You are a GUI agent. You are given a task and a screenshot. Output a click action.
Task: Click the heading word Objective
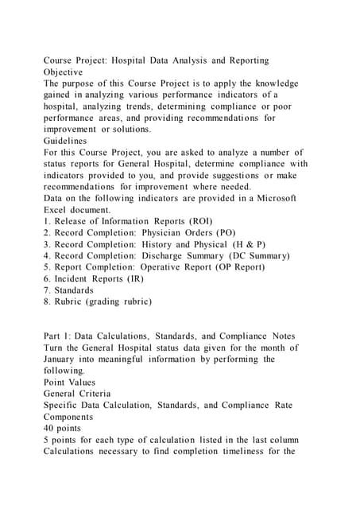click(x=68, y=72)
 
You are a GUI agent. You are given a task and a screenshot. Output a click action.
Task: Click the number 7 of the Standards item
click(x=46, y=290)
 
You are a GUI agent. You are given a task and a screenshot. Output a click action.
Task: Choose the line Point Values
click(x=77, y=383)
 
